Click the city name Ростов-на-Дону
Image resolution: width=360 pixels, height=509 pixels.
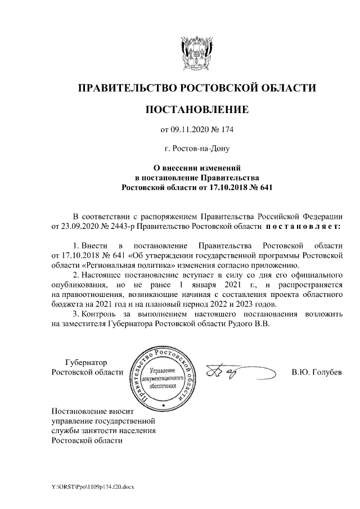pos(197,149)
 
